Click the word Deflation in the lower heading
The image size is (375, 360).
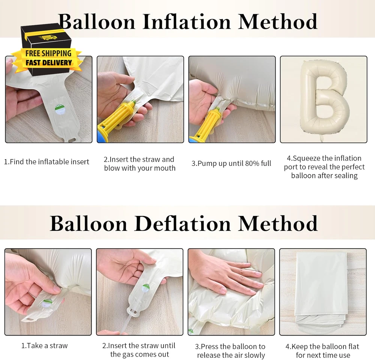click(183, 224)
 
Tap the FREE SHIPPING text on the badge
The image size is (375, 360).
click(48, 53)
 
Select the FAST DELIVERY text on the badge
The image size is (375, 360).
click(48, 63)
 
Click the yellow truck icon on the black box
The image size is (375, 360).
click(49, 37)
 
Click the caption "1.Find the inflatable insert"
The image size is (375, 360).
click(46, 162)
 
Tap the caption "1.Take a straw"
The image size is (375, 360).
click(45, 346)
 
